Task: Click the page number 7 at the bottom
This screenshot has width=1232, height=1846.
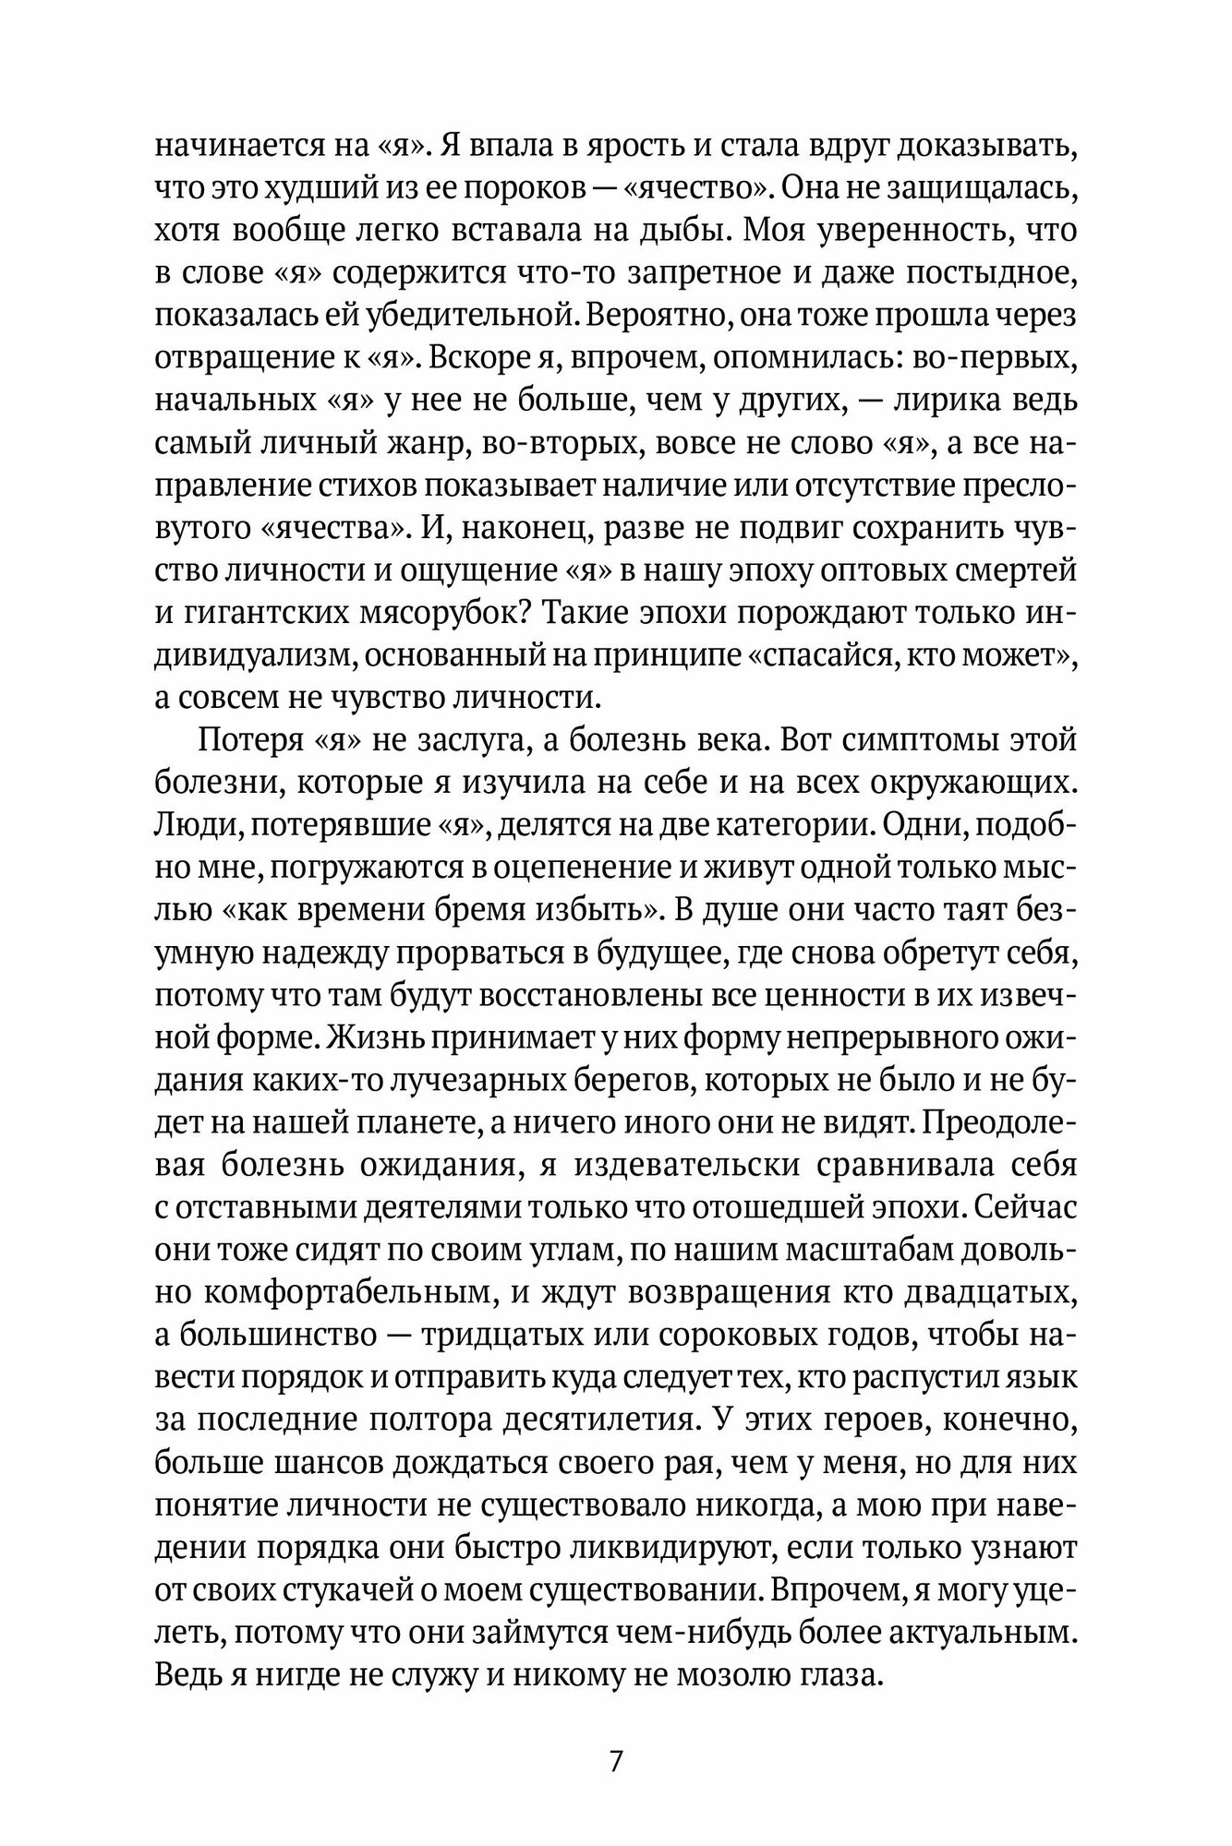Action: click(x=616, y=1760)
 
